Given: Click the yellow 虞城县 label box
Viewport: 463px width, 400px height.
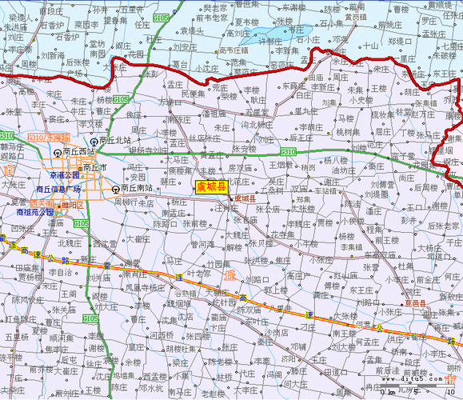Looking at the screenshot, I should point(212,186).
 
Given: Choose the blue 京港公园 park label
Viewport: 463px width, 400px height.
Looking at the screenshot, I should point(63,174).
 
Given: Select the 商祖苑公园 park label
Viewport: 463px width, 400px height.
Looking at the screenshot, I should point(35,214).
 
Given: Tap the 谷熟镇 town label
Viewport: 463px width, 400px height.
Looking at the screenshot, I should point(186,292).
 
